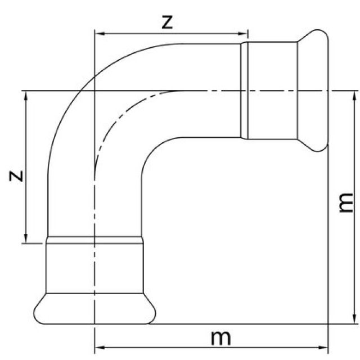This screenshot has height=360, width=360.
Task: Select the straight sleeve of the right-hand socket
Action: click(270, 90)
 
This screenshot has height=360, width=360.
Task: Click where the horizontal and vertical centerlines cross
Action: click(95, 90)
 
